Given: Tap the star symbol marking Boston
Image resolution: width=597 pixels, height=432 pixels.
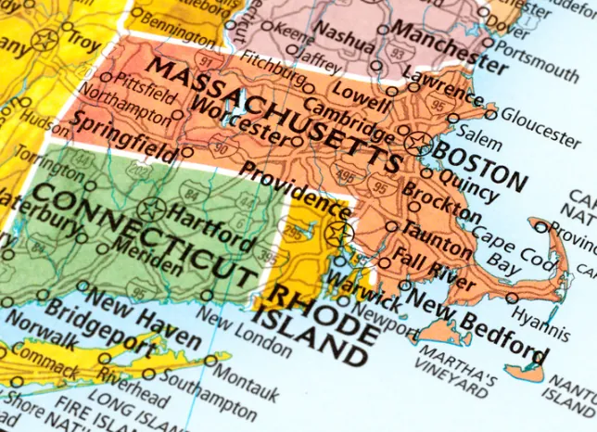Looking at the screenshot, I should point(418,144).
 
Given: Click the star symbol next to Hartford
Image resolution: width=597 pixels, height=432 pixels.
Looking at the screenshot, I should point(152,209).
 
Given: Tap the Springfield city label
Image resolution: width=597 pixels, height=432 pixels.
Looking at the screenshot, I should point(121,133).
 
